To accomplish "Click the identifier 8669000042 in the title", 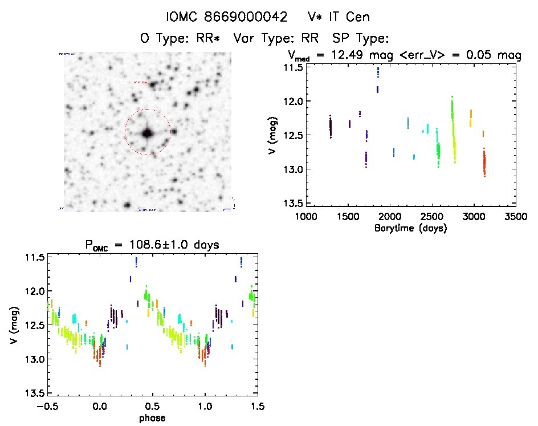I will pos(246,17).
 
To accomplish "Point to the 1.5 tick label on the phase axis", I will pos(258,407).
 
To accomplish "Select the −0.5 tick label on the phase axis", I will pos(43,407).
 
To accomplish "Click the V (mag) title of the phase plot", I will pos(13,326).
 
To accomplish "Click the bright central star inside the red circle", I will pos(147,133).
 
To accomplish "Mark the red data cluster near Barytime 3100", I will pos(484,163).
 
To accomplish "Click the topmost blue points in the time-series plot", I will pos(377,73).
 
